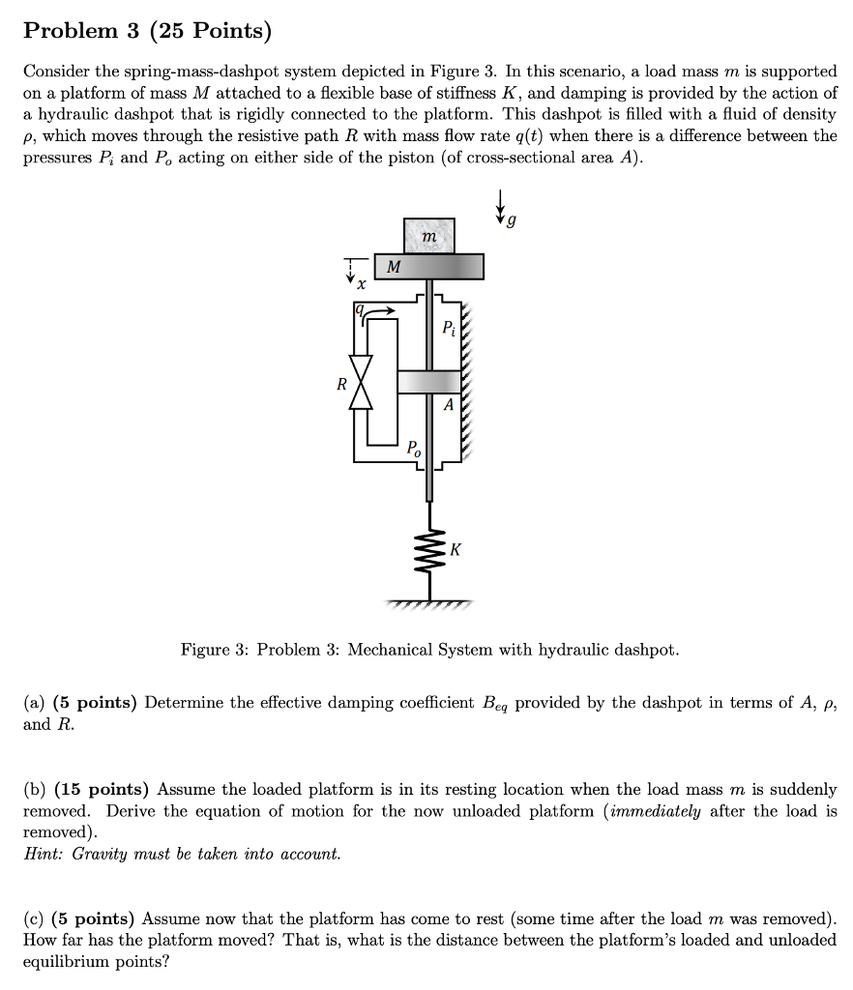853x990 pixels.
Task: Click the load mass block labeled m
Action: [429, 236]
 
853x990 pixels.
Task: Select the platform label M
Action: [393, 266]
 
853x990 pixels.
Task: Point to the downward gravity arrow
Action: [501, 204]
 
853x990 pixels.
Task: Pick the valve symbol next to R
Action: [363, 385]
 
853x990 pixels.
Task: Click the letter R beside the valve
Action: [340, 384]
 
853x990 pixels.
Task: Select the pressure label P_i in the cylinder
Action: [448, 328]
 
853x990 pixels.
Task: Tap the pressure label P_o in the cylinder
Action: [414, 448]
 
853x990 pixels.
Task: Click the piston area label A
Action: [447, 406]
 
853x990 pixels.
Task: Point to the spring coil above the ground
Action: [429, 553]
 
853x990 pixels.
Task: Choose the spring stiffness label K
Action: [456, 550]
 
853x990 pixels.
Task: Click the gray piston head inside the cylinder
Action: [429, 381]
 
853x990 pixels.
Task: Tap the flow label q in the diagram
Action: [360, 309]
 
